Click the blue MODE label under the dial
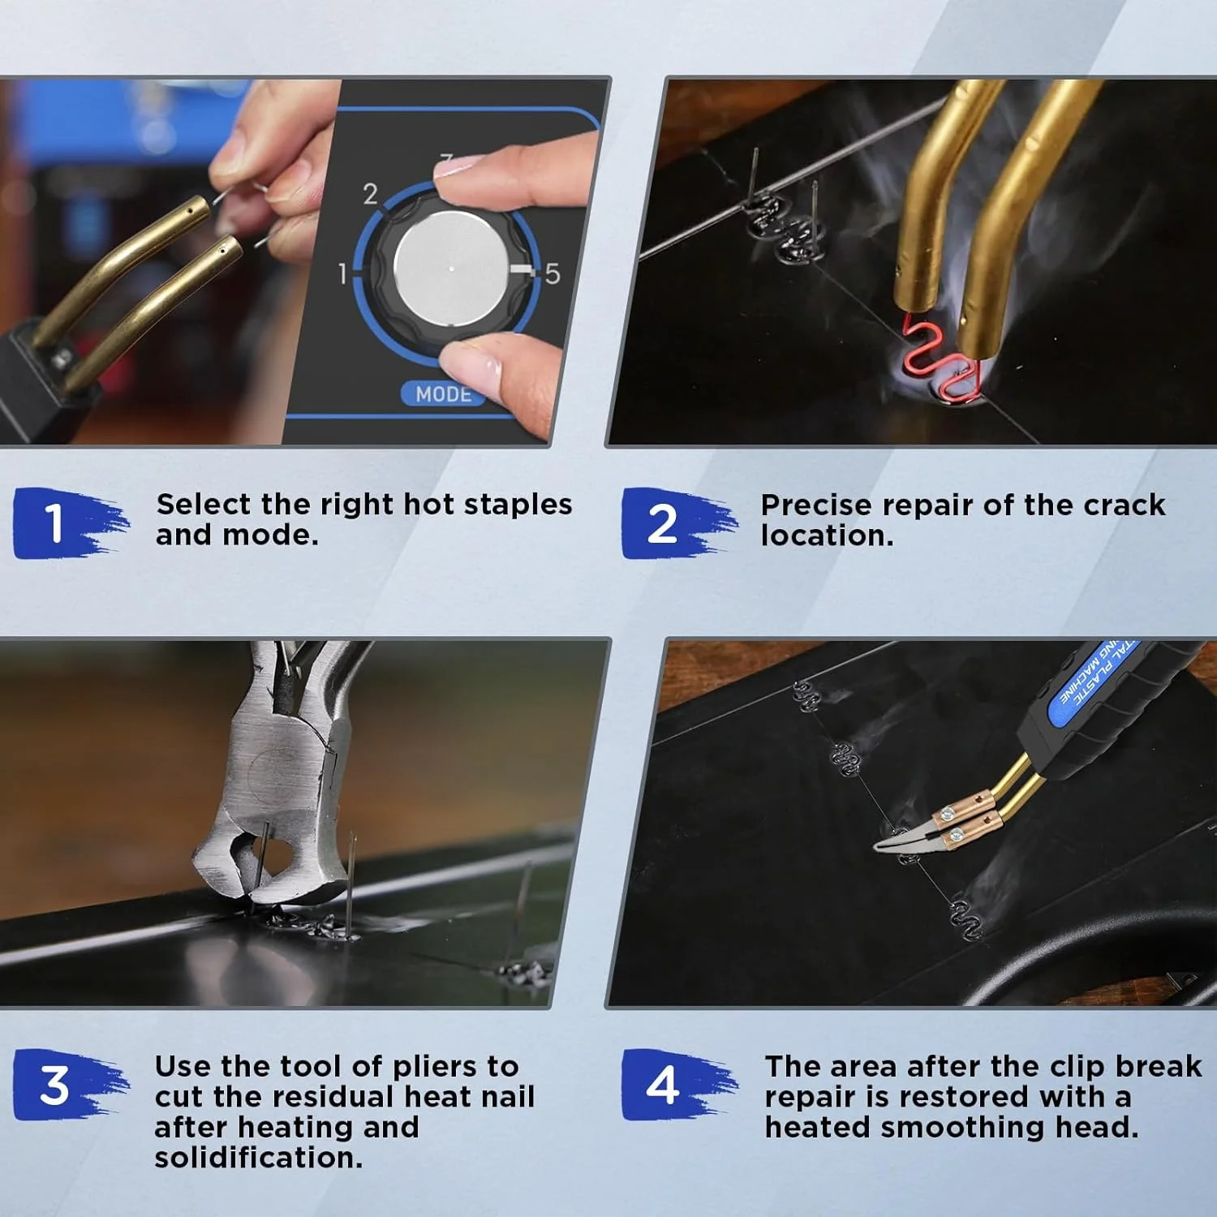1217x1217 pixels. tap(444, 393)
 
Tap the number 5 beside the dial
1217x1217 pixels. tap(553, 273)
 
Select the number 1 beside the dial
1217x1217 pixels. tap(342, 273)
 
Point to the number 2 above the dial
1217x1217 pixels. tap(370, 194)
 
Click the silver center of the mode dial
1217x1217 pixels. tap(452, 269)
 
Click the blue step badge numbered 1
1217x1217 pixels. tap(69, 522)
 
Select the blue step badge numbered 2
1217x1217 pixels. tap(677, 522)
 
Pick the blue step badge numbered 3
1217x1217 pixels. tap(69, 1085)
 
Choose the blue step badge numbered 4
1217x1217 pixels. tap(677, 1085)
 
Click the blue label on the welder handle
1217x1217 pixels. tap(1095, 682)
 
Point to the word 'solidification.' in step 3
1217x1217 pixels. tap(259, 1158)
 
